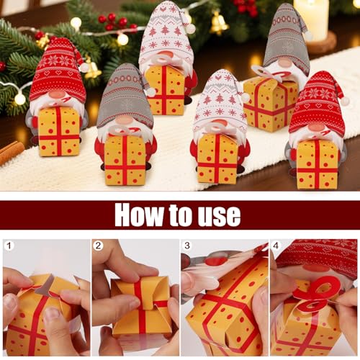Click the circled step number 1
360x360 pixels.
tap(9, 246)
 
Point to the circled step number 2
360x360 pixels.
tap(98, 246)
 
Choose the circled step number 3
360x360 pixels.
tap(187, 246)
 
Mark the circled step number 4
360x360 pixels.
tap(276, 246)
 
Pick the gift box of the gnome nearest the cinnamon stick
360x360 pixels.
tap(59, 131)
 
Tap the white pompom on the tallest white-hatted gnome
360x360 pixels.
tap(190, 28)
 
